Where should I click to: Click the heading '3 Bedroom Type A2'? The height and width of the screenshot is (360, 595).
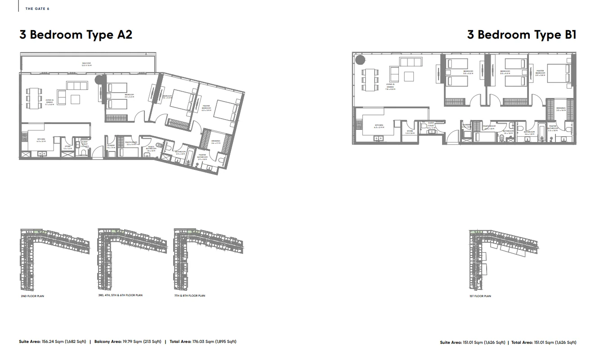point(76,35)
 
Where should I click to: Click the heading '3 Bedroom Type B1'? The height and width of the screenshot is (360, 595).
point(521,35)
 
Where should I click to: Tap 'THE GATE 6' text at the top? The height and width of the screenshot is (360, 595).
point(37,9)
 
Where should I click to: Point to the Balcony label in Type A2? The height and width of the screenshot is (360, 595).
point(87,64)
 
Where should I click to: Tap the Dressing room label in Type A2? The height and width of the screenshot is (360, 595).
point(215,142)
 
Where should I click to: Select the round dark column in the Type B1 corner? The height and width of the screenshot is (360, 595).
point(360,59)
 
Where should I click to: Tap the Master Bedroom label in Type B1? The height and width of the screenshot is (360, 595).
point(540,73)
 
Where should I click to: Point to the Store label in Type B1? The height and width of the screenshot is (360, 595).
point(410,132)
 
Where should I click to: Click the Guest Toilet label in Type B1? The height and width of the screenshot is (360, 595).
point(430,125)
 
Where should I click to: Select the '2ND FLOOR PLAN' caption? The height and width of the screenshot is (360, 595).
point(32,296)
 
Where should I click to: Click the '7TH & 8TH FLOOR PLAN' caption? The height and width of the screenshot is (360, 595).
point(189,296)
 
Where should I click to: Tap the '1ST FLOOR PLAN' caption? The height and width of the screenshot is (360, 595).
point(480,296)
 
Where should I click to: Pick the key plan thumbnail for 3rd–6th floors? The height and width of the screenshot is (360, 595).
point(131,258)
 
